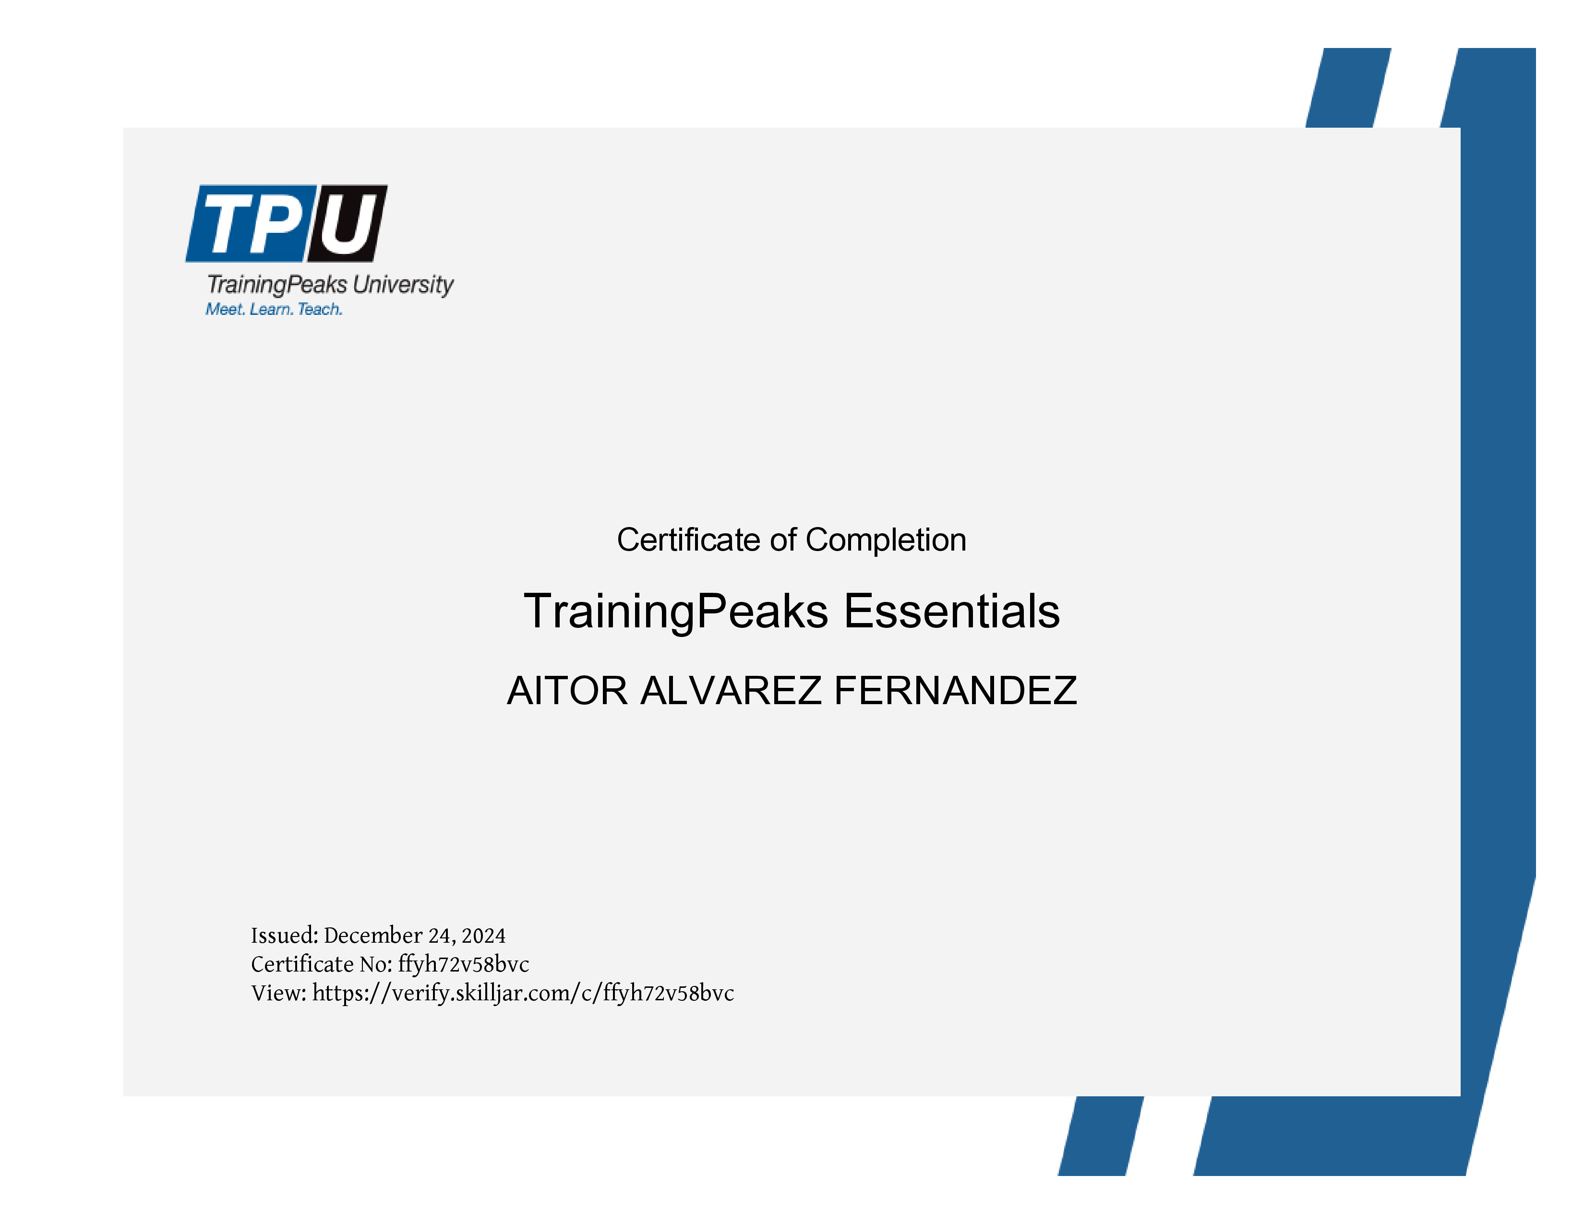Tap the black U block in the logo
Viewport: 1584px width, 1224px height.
click(x=348, y=223)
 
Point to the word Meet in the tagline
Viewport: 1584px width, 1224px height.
click(x=225, y=309)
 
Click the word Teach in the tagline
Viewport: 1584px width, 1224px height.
click(x=320, y=309)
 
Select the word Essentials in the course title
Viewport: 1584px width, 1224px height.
click(x=951, y=611)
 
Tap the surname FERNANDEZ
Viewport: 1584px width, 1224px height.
click(x=956, y=690)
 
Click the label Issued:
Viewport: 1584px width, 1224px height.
click(x=284, y=936)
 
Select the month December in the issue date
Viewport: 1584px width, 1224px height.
click(x=373, y=936)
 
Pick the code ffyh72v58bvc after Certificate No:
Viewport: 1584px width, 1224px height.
click(x=464, y=964)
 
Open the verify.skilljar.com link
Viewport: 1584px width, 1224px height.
click(x=523, y=994)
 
